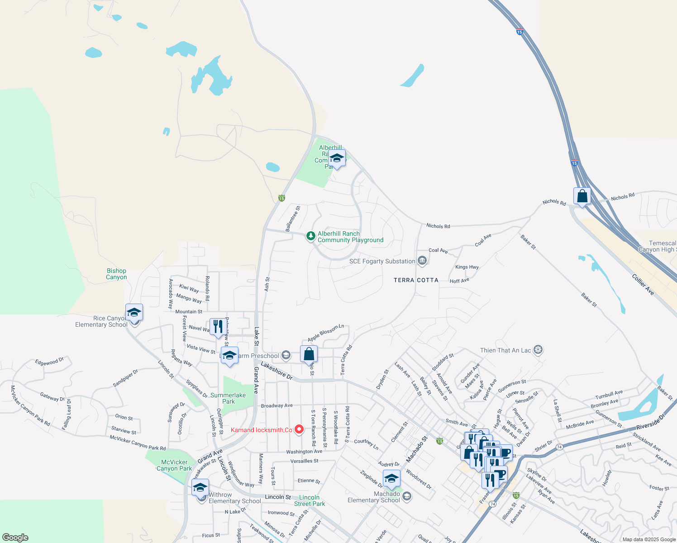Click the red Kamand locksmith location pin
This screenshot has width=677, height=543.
(299, 429)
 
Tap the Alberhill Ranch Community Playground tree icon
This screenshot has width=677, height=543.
(310, 236)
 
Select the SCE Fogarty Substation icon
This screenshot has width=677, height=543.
(422, 261)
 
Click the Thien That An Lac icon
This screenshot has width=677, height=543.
(538, 350)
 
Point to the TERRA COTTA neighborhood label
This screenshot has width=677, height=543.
(416, 280)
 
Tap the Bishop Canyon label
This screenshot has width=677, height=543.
(116, 274)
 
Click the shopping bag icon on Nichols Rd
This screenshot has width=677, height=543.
(582, 196)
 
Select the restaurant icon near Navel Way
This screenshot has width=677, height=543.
(218, 327)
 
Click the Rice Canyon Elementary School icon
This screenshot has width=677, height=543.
(134, 313)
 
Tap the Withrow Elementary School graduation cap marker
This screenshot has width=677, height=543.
(200, 488)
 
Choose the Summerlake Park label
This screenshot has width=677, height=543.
(228, 398)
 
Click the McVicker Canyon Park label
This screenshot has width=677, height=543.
(174, 465)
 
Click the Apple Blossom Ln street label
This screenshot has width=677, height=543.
(326, 333)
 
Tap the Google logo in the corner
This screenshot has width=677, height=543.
(15, 538)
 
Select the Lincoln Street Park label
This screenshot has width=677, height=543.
(310, 500)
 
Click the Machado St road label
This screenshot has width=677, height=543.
(416, 449)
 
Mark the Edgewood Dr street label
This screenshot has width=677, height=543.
(49, 362)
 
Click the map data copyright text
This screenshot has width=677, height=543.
(648, 539)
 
